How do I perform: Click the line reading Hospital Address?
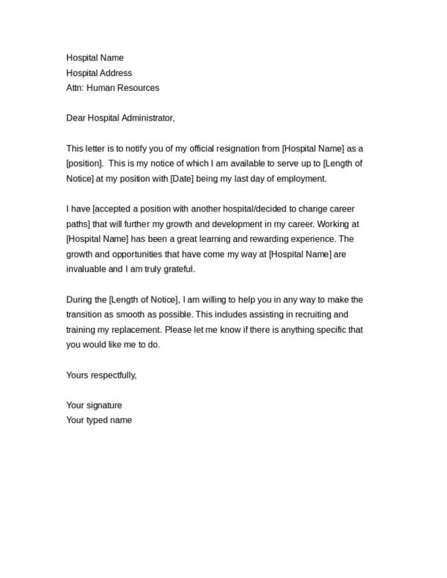coord(99,73)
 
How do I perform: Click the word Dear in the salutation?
coord(77,118)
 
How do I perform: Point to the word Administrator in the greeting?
coord(148,118)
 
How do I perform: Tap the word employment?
coord(300,180)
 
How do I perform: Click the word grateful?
coord(177,270)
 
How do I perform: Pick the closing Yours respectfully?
coord(101,375)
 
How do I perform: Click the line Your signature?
coord(94,405)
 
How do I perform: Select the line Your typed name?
coord(99,420)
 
